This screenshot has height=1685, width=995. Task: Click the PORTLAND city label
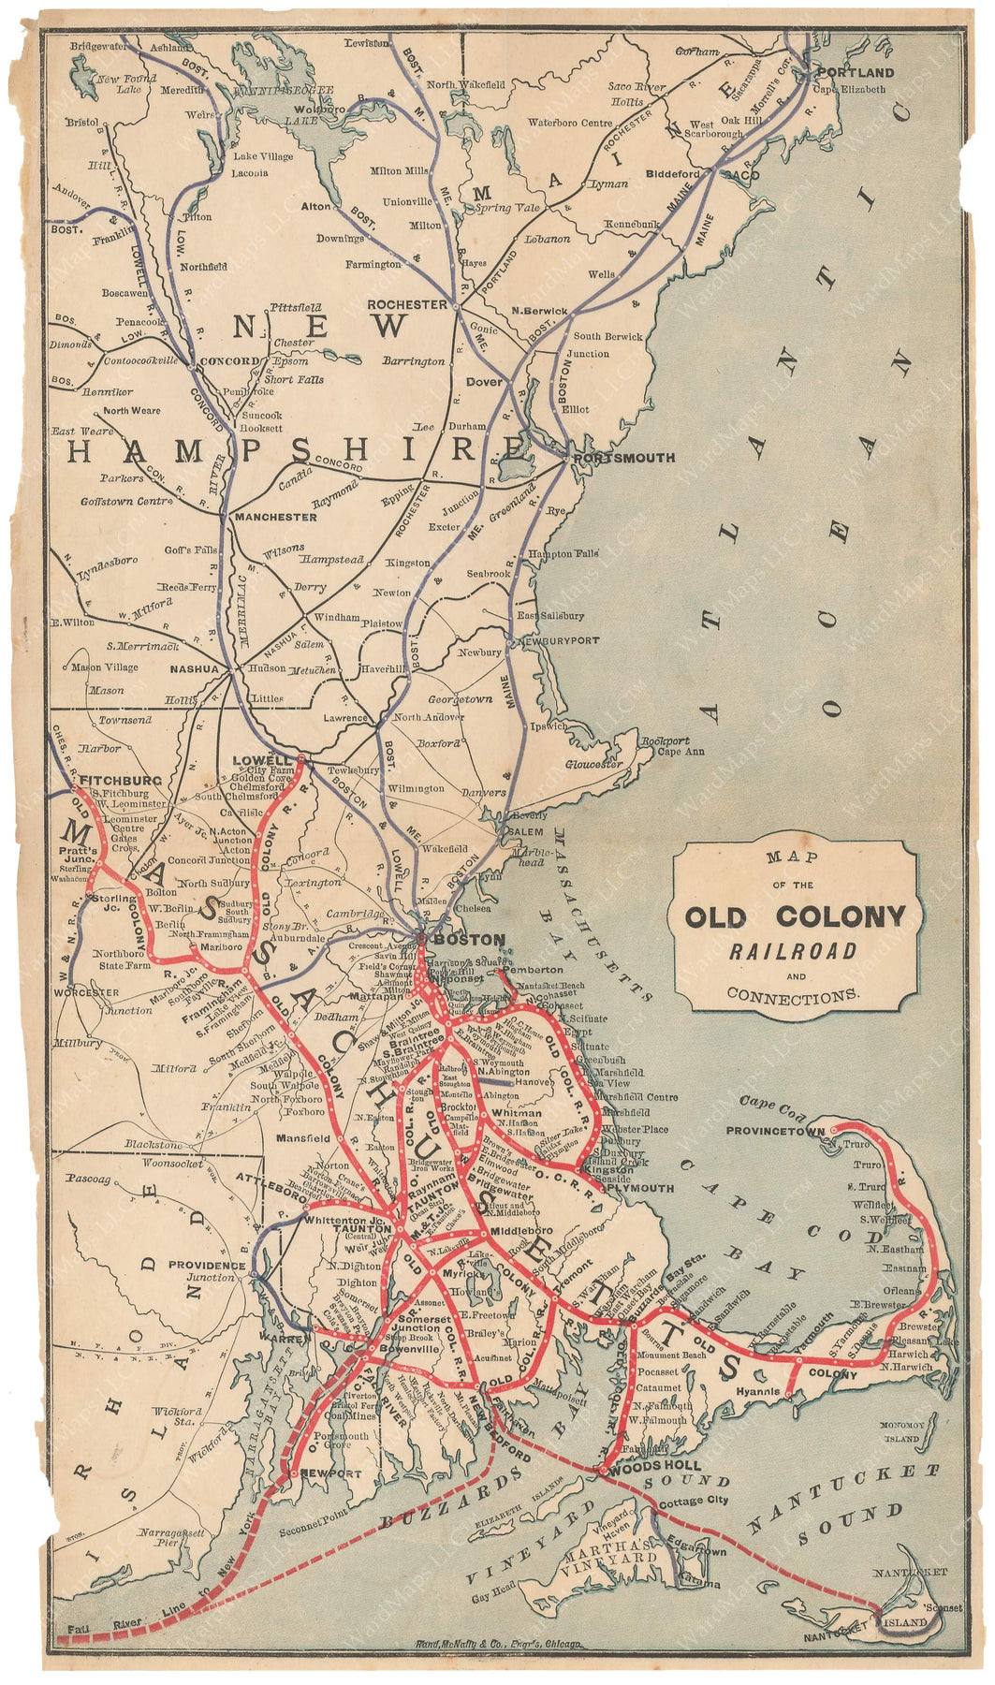tap(856, 72)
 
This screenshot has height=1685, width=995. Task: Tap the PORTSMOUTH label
tap(623, 458)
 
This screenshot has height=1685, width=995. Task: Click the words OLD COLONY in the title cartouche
tap(795, 916)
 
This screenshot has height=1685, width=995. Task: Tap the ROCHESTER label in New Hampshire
tap(407, 304)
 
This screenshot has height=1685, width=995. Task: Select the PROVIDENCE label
tap(207, 1265)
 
